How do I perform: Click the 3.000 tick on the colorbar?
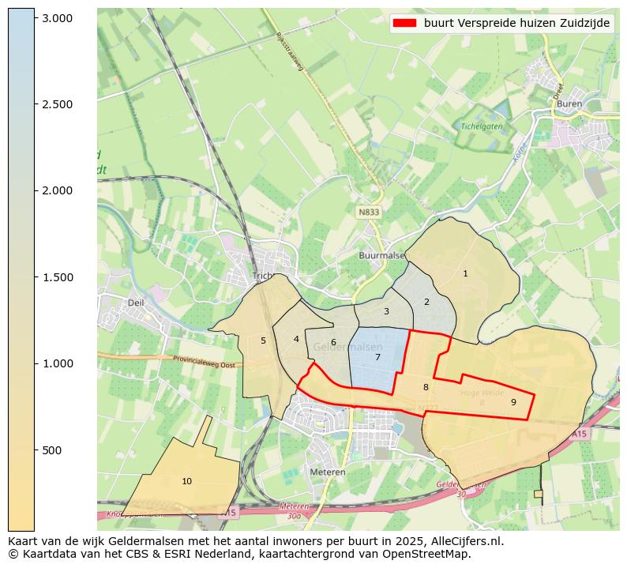[x=57, y=18]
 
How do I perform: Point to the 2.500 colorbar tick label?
[x=57, y=104]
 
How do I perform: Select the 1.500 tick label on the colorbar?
[x=57, y=277]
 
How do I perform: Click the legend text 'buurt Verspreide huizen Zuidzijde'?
[x=516, y=24]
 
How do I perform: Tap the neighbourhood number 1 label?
[x=465, y=273]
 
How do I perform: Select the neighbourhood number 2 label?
[x=426, y=302]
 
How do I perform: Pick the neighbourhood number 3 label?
[x=386, y=311]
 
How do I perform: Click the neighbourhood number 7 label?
[x=377, y=357]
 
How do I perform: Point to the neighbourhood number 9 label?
[x=513, y=402]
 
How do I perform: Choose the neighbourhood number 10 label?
[x=186, y=481]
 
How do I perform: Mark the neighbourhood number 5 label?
[x=263, y=340]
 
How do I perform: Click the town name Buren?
[x=569, y=103]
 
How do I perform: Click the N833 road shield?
[x=368, y=213]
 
